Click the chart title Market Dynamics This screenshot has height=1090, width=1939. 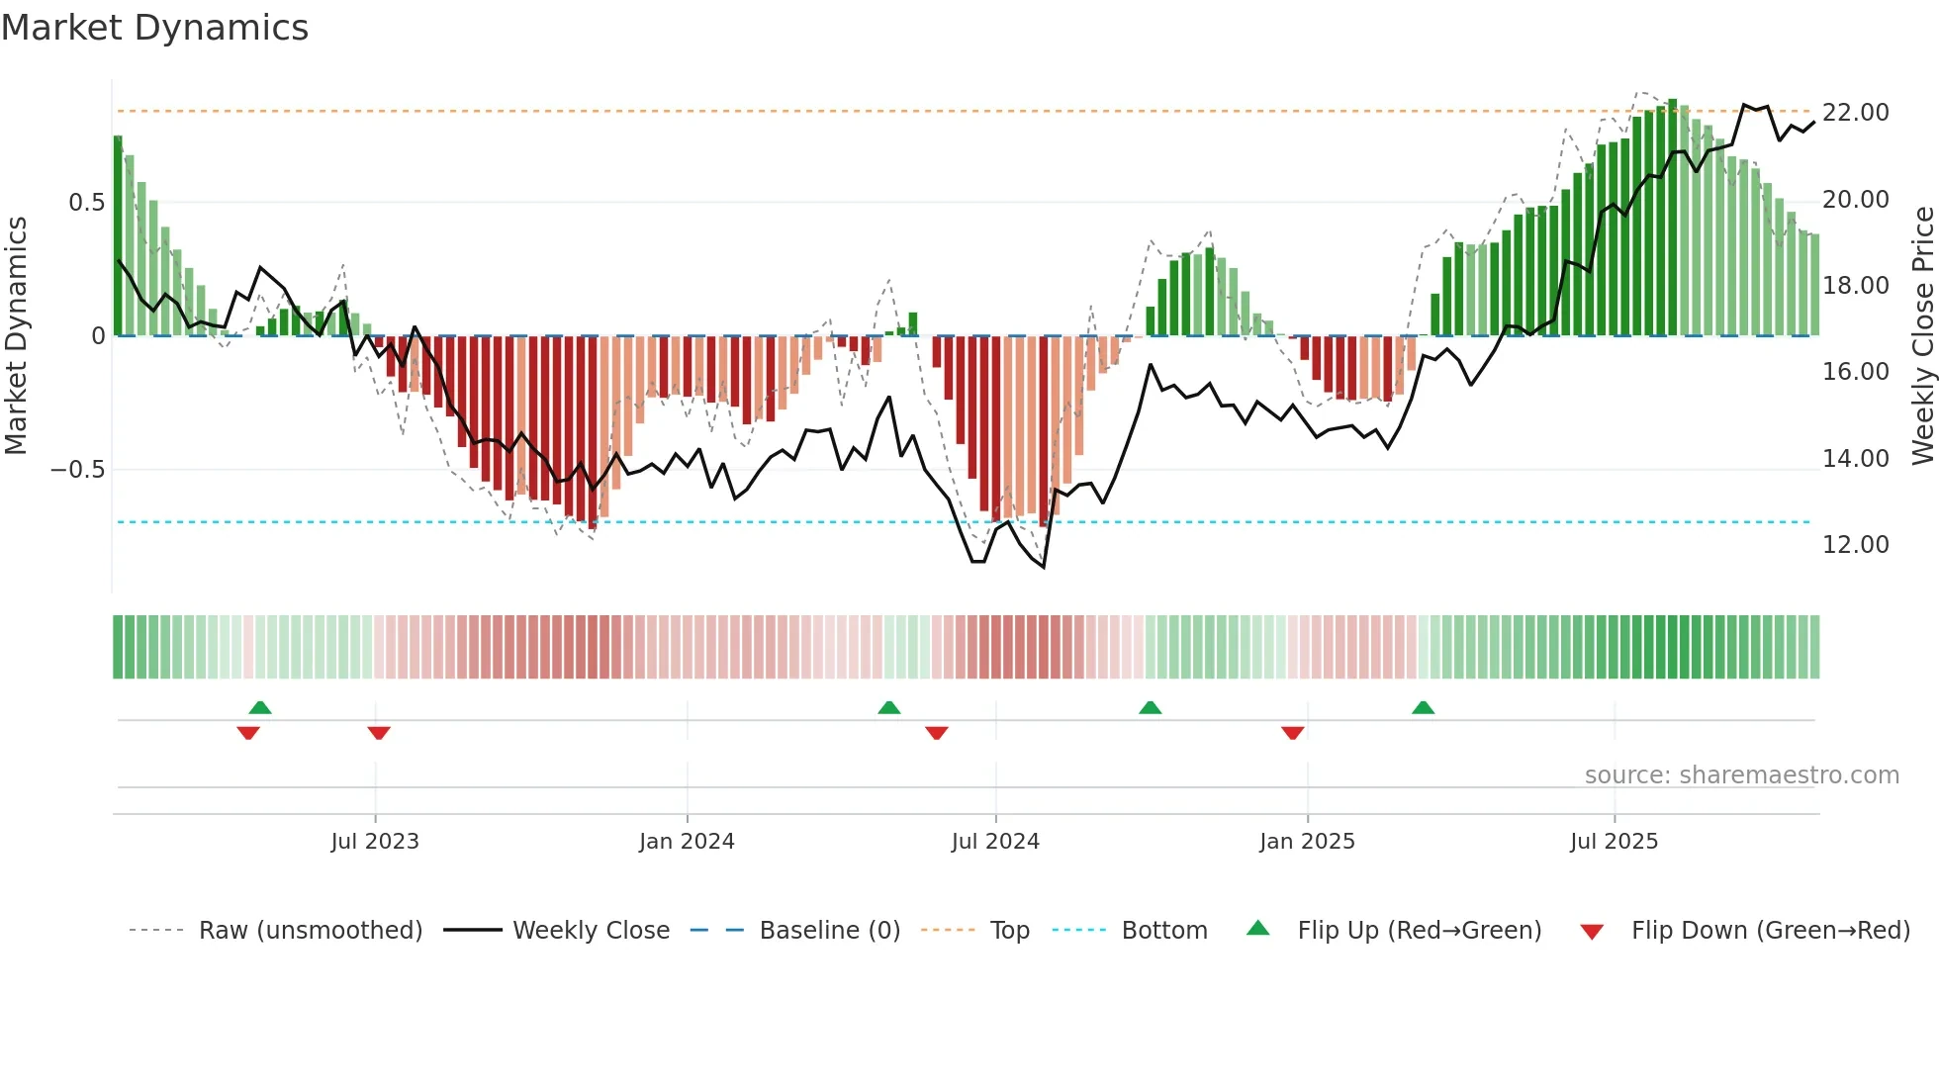pos(154,28)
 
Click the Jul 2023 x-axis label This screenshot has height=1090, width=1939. pos(375,842)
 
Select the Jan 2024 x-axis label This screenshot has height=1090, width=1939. pos(687,842)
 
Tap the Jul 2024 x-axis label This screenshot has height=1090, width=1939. pos(995,842)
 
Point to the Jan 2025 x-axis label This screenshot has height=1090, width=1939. pos(1307,842)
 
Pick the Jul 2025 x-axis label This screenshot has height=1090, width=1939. pos(1614,842)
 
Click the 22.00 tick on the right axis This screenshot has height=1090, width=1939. pos(1856,113)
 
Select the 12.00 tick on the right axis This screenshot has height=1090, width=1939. pos(1856,545)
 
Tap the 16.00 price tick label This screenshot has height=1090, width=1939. pos(1856,372)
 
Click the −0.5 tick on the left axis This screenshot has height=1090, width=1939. pos(78,470)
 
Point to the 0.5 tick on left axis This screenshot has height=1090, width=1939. pos(86,203)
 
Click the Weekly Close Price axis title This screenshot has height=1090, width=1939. pos(1922,336)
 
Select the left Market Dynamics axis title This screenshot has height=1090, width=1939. pos(16,336)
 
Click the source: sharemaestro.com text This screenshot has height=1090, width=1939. pos(1741,775)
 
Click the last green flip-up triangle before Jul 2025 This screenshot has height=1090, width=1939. pos(1423,708)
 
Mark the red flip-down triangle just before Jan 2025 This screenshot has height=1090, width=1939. pos(1292,733)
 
